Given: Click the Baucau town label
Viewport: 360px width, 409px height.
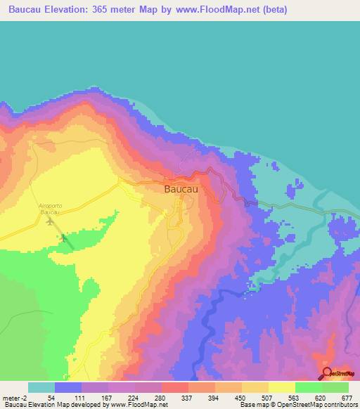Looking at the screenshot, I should point(181,189).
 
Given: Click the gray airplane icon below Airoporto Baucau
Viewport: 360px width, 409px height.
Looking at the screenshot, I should point(50,221).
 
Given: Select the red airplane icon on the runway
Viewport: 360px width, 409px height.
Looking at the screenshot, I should point(64,238).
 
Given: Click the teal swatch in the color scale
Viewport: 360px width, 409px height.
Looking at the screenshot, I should point(41,387).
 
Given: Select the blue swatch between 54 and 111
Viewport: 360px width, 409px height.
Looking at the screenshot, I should point(67,387).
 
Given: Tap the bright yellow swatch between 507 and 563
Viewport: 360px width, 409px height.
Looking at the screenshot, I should point(281,387).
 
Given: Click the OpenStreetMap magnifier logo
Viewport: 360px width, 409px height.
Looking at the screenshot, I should point(327,373).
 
